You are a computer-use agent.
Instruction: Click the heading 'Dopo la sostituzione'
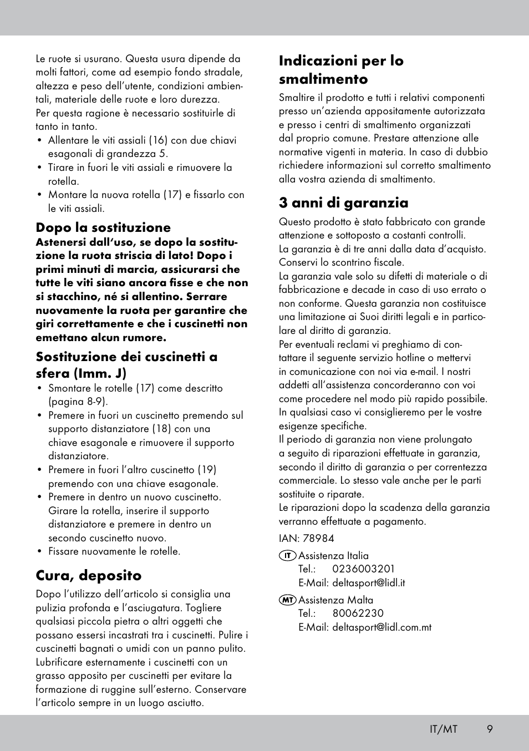(103, 228)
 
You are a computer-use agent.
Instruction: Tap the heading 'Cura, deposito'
(89, 575)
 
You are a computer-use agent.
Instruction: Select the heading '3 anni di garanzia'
(343, 203)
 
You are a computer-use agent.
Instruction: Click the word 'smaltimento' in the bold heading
(323, 79)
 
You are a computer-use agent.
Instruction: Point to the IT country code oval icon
(287, 555)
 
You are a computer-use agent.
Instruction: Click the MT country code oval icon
(287, 600)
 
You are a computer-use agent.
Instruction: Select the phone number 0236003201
(363, 569)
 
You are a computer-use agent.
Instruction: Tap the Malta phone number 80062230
(358, 613)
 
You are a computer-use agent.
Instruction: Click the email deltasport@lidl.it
(369, 583)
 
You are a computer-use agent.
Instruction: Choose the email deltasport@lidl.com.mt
(382, 627)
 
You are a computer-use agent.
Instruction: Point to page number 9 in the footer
(490, 729)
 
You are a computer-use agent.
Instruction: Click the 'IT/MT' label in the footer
(443, 729)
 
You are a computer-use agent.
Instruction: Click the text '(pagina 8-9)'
(78, 402)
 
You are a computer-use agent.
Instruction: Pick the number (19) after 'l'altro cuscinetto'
(207, 470)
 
